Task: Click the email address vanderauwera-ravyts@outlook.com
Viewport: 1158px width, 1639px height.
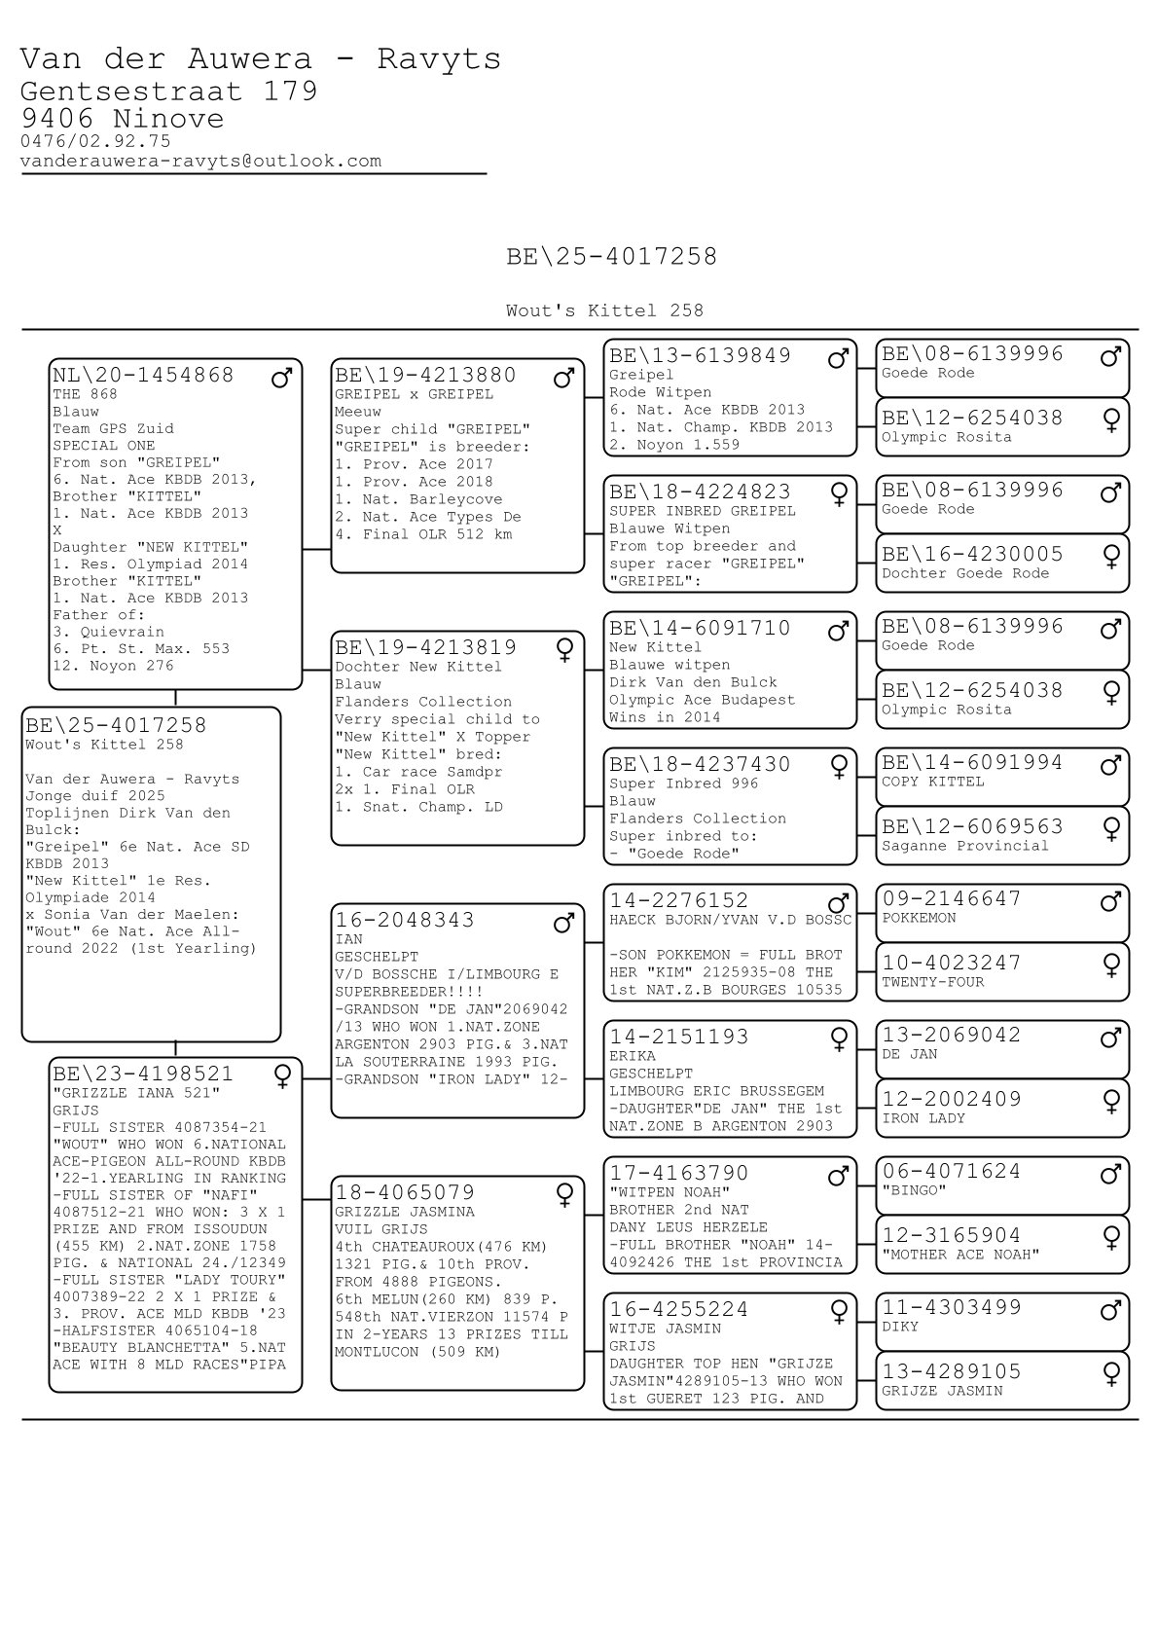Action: tap(200, 161)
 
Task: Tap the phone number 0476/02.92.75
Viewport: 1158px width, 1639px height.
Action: tap(95, 141)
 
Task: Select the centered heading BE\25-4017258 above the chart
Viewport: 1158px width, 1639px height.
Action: tap(611, 256)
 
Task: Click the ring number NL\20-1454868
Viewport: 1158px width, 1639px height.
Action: tap(143, 375)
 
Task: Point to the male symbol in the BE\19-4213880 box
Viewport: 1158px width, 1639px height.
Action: tap(563, 378)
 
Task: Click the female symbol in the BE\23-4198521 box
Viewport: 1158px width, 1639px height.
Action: tap(282, 1076)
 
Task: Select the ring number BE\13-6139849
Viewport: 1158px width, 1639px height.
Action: tap(700, 355)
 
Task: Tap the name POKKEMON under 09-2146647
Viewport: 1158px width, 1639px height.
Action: tap(919, 918)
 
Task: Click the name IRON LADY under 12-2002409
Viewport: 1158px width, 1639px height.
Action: tap(923, 1118)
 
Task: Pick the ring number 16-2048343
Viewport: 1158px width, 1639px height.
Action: tap(405, 920)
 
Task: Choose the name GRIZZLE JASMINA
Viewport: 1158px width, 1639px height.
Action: tap(405, 1212)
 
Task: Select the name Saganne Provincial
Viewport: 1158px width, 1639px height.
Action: tap(964, 846)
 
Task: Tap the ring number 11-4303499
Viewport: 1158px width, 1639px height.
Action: tap(951, 1307)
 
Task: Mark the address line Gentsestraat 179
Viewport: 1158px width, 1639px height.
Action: tap(168, 91)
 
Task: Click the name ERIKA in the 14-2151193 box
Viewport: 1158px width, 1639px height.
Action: tap(632, 1056)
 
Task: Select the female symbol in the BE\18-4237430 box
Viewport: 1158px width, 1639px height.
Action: tap(838, 768)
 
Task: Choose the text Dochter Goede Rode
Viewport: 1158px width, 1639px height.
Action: tap(964, 573)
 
